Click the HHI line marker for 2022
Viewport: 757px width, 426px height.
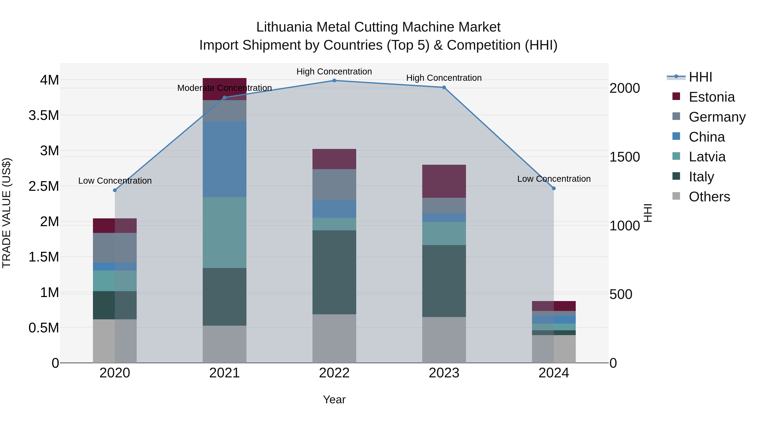[x=334, y=81]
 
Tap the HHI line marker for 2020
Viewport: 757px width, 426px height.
[x=115, y=190]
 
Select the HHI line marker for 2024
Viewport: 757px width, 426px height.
[x=554, y=188]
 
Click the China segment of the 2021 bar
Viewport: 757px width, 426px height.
[x=225, y=159]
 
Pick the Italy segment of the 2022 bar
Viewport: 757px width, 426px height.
[x=334, y=272]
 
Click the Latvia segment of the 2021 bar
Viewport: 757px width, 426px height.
[x=225, y=232]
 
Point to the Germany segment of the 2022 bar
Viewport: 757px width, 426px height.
[x=334, y=185]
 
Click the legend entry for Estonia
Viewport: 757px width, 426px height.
[x=711, y=97]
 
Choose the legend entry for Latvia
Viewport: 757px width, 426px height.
[x=707, y=157]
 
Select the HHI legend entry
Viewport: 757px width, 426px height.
[x=700, y=77]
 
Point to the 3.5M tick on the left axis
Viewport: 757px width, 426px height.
[x=44, y=115]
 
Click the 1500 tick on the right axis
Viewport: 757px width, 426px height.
[x=625, y=157]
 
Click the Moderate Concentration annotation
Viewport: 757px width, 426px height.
[x=225, y=88]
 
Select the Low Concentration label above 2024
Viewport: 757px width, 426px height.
[x=554, y=179]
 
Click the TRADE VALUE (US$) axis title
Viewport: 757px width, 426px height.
[x=7, y=213]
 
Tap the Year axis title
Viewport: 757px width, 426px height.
[x=334, y=399]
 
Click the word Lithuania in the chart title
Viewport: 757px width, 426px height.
[x=284, y=27]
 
